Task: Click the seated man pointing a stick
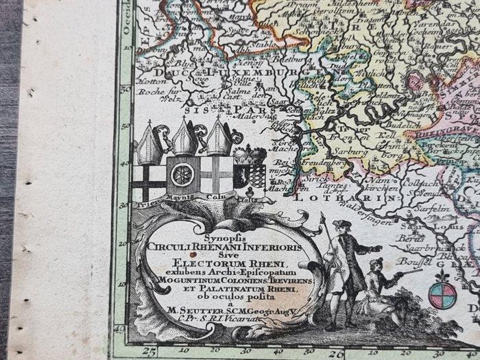coord(376,282)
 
